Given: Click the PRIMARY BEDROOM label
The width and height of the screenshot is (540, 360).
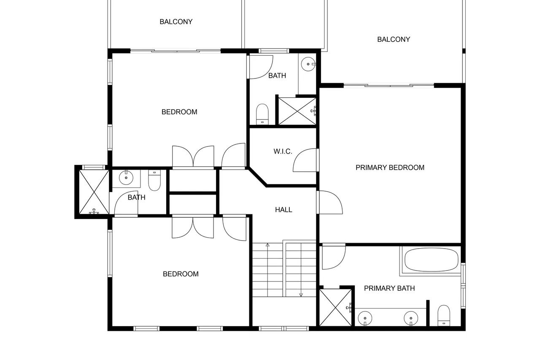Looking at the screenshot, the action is tap(390, 168).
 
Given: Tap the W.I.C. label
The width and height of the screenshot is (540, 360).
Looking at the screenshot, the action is tap(283, 152).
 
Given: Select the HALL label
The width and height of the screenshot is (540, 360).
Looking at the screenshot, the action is tap(283, 210).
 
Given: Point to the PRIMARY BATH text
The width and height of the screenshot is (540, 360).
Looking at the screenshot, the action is tap(389, 288).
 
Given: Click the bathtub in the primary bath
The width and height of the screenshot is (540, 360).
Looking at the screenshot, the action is tap(431, 260).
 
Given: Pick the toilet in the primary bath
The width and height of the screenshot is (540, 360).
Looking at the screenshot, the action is tap(444, 316).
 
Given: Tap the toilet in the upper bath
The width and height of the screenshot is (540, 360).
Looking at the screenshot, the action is tap(262, 114).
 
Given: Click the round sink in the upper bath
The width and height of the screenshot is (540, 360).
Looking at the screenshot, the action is tap(308, 64).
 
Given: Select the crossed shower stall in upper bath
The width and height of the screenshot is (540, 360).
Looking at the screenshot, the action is tap(297, 111).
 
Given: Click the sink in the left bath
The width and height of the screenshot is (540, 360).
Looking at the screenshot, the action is tap(126, 178).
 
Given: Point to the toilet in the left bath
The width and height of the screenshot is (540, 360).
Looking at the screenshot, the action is tap(154, 180).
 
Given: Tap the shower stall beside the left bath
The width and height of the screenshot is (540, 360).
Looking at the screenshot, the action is tap(94, 192).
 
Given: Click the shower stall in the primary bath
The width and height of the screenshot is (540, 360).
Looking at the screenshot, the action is tap(335, 307).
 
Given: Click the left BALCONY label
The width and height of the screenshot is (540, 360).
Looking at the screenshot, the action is tap(176, 22).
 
